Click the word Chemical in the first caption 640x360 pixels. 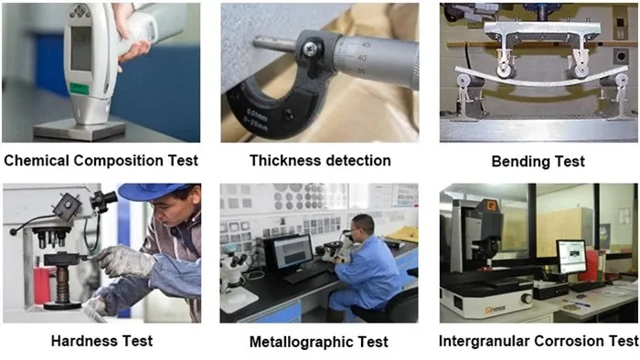click(x=37, y=161)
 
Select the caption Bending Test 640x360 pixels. click(x=538, y=162)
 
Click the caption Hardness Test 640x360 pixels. click(x=102, y=341)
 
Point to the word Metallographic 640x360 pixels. click(x=301, y=342)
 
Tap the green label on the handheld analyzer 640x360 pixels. click(x=80, y=89)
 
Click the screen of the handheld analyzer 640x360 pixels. click(x=81, y=49)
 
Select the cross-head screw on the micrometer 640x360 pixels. click(x=311, y=49)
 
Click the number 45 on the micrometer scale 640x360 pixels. click(x=366, y=45)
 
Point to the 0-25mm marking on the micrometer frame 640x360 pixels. click(x=256, y=124)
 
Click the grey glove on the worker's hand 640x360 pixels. click(x=124, y=261)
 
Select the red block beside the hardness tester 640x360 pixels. click(x=42, y=285)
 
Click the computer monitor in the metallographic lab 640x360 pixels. click(x=289, y=253)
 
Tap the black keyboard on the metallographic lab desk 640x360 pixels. click(x=305, y=275)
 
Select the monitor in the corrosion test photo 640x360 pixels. click(x=571, y=257)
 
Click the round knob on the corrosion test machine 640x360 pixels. click(x=527, y=299)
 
